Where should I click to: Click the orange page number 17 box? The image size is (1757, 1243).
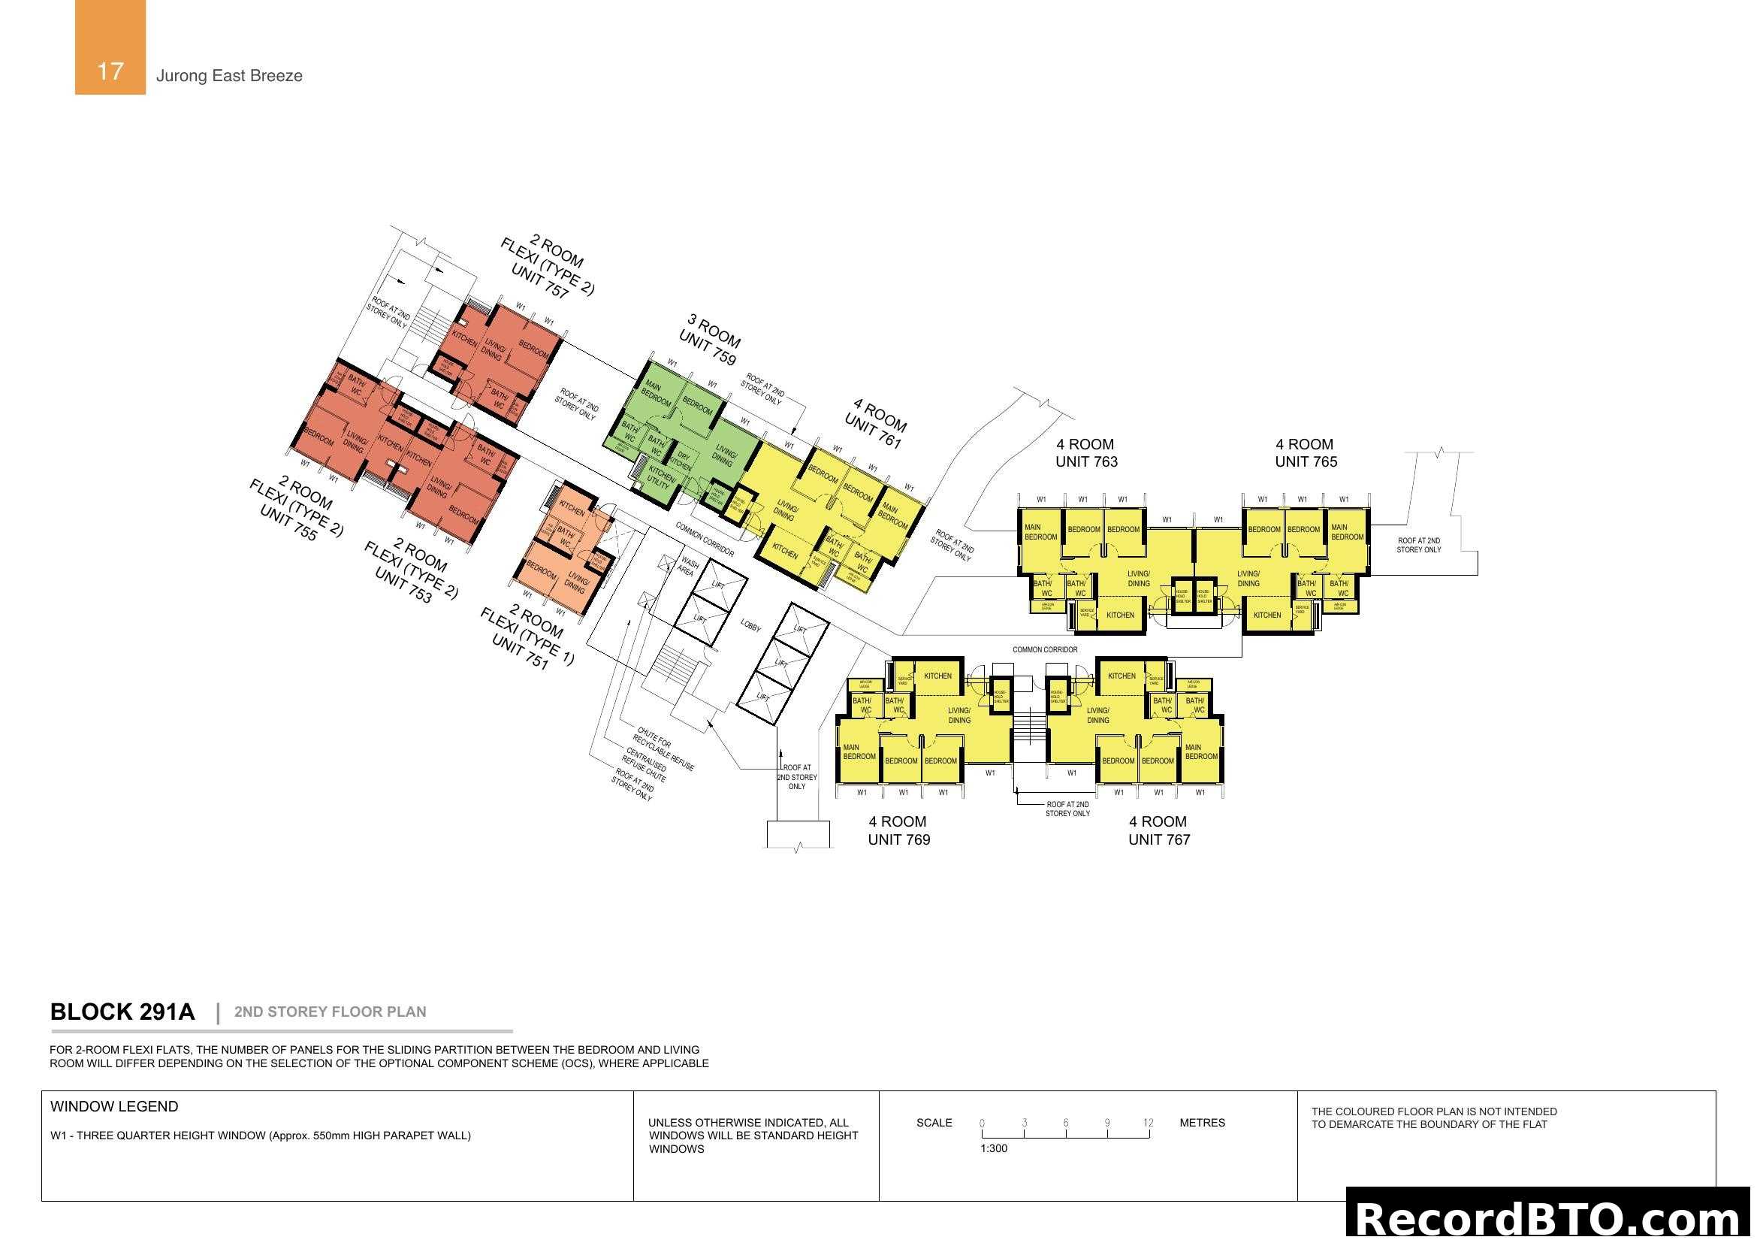[110, 47]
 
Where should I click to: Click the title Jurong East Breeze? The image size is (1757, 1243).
[229, 76]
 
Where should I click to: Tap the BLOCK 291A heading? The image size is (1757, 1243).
[122, 1012]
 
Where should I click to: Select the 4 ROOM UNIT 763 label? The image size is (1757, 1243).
[1086, 453]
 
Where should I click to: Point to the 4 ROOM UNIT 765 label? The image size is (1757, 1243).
[1306, 453]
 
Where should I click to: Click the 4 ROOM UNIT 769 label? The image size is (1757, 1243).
[898, 830]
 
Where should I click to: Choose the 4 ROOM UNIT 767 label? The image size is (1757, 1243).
[1158, 830]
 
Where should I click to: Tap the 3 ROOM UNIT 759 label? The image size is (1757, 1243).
[710, 339]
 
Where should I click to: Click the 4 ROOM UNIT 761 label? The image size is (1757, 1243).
[876, 423]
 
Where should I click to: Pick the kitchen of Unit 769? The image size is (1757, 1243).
[937, 676]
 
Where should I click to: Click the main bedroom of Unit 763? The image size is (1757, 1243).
[1040, 532]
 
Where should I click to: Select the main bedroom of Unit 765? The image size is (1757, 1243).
[1347, 532]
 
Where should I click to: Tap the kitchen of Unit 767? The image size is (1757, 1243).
[1121, 676]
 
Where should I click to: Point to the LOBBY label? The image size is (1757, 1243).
[750, 626]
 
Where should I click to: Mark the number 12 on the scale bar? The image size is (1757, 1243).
[1148, 1123]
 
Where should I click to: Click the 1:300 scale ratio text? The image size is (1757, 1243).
[993, 1149]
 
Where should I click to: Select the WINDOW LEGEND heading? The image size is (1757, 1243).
[114, 1107]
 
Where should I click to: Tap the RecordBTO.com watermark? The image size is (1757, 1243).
[1550, 1217]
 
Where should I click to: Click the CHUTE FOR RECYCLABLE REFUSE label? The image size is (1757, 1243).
[663, 749]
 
